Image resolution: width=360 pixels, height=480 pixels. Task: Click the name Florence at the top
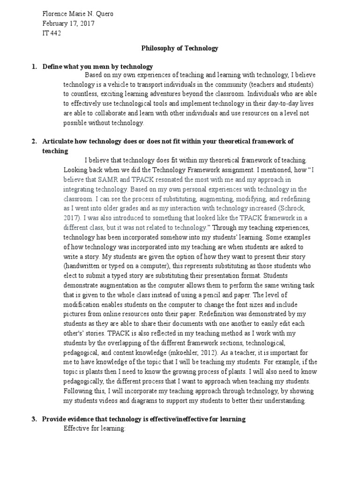(55, 14)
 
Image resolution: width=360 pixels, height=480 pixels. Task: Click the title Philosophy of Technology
(180, 48)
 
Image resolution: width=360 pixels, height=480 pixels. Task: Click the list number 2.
(34, 141)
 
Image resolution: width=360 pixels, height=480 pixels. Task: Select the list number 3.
(34, 419)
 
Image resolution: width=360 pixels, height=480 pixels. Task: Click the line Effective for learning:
(95, 428)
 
